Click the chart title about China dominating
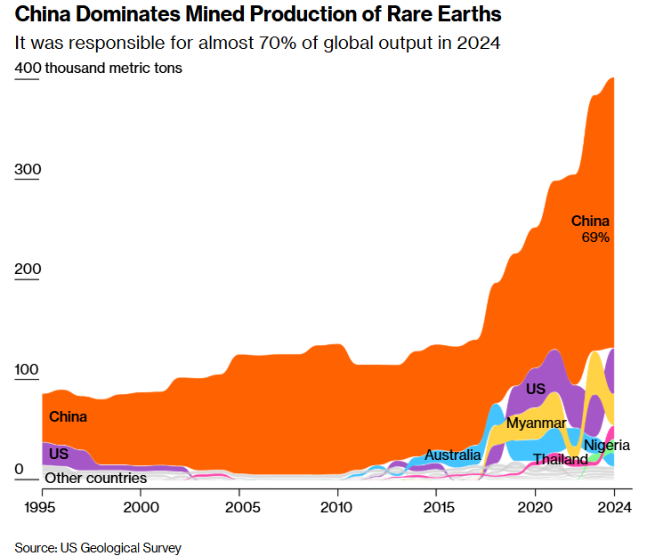(x=258, y=15)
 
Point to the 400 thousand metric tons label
(x=99, y=68)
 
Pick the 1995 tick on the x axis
(x=43, y=507)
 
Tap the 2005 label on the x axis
(x=239, y=507)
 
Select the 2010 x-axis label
(x=337, y=507)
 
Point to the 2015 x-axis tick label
(x=436, y=507)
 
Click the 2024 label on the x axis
(x=613, y=507)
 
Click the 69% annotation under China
(x=595, y=238)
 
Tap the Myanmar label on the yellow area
(x=536, y=423)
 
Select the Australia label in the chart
(x=452, y=455)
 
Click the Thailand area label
(x=560, y=460)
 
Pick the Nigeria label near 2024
(x=607, y=445)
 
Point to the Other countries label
(x=96, y=478)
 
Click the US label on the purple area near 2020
(x=535, y=389)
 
